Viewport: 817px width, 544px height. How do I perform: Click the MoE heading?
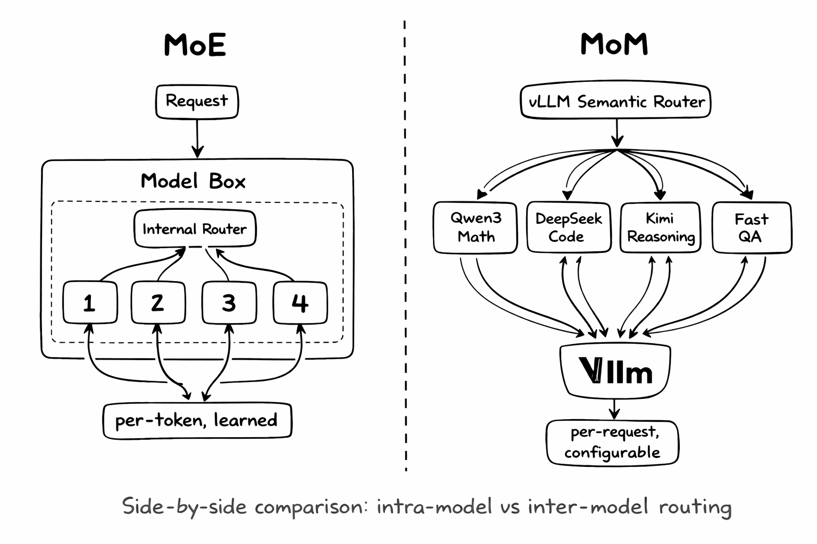click(x=195, y=45)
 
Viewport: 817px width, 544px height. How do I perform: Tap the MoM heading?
click(x=614, y=44)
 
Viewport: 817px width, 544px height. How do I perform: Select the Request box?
click(x=197, y=101)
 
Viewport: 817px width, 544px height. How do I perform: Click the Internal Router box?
click(x=195, y=229)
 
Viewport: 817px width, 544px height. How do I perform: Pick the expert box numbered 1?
click(x=90, y=302)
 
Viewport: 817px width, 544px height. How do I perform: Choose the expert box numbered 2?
click(x=158, y=302)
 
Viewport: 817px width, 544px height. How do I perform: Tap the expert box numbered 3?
click(x=229, y=302)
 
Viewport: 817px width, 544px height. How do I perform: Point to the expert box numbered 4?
click(x=300, y=302)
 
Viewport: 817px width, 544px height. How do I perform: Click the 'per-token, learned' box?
click(x=197, y=421)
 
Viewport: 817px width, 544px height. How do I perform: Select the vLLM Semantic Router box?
click(x=616, y=101)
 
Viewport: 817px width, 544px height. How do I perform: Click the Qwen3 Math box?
click(x=476, y=227)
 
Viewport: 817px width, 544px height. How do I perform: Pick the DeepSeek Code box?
click(x=568, y=227)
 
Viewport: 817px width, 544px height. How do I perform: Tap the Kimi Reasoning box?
click(x=661, y=227)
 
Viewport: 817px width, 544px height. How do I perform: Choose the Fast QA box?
click(x=751, y=227)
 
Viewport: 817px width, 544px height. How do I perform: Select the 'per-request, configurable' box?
click(x=613, y=442)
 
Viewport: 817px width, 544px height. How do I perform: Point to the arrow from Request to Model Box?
click(x=197, y=138)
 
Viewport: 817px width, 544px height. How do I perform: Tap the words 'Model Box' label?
click(x=193, y=181)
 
